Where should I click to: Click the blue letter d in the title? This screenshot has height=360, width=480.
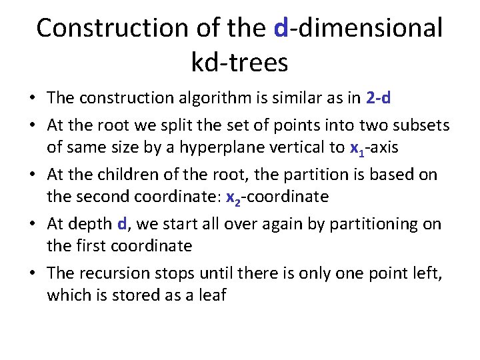pyautogui.click(x=281, y=28)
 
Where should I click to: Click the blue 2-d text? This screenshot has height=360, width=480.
pyautogui.click(x=379, y=99)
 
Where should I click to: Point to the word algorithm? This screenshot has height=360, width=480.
pyautogui.click(x=215, y=99)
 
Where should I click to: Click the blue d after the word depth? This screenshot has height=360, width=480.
pyautogui.click(x=121, y=224)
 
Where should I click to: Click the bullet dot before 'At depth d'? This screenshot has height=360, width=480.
pyautogui.click(x=32, y=225)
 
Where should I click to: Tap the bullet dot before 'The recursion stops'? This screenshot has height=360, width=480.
pyautogui.click(x=32, y=273)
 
